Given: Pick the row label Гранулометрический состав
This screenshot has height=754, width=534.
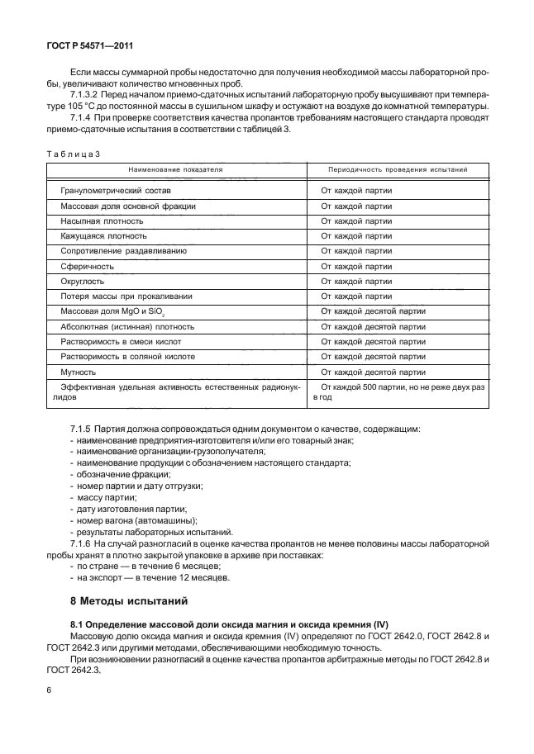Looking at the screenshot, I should pos(109,190).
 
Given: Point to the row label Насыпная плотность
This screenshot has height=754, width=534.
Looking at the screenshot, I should pos(102,221).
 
